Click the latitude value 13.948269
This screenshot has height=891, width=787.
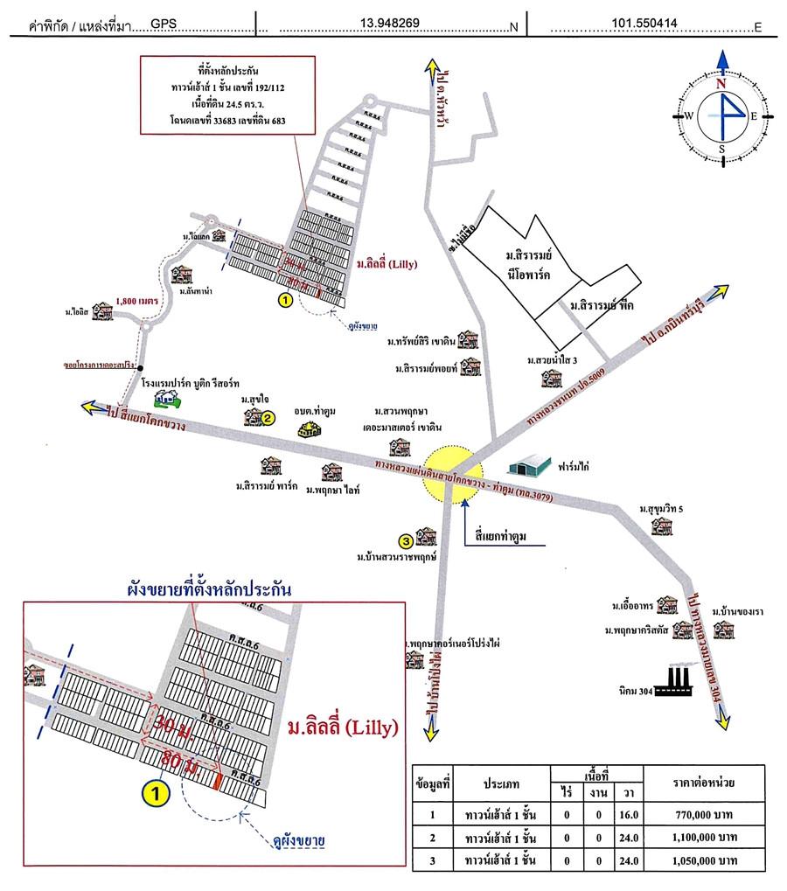coord(394,24)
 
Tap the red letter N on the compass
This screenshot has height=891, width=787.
coord(722,84)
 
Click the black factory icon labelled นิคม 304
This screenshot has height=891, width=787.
coord(672,681)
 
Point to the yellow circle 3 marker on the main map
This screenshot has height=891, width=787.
coord(406,539)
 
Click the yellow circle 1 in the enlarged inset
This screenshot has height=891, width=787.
coord(156,794)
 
